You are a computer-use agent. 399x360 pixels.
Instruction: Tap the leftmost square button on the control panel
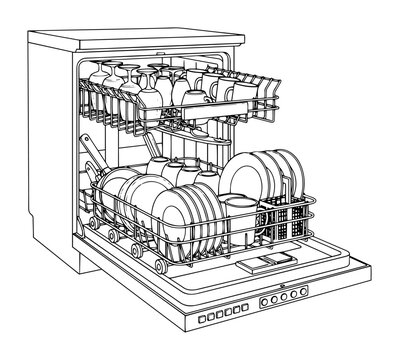(x=203, y=319)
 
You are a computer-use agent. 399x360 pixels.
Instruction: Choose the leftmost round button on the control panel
(x=265, y=300)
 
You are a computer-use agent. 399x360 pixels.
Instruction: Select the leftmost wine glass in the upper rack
(x=96, y=76)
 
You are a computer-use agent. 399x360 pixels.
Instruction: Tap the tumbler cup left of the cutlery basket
(x=241, y=214)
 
